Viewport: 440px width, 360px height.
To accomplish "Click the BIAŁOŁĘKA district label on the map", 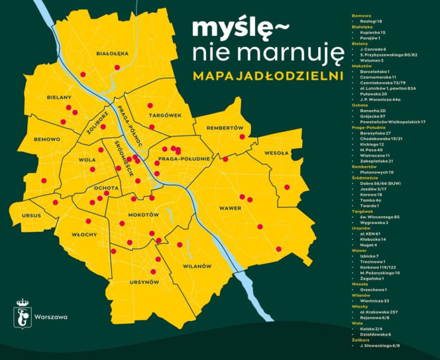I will click(x=112, y=52).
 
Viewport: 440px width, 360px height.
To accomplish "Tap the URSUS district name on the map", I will click(x=32, y=216).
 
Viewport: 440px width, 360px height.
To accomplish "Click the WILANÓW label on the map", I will click(x=197, y=266).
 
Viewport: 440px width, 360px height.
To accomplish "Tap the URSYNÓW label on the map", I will click(x=145, y=282).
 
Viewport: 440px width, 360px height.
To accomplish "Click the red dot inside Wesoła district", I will click(x=286, y=187).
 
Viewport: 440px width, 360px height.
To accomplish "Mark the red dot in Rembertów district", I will click(x=243, y=137).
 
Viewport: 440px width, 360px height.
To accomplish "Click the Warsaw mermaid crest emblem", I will click(x=23, y=316).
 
